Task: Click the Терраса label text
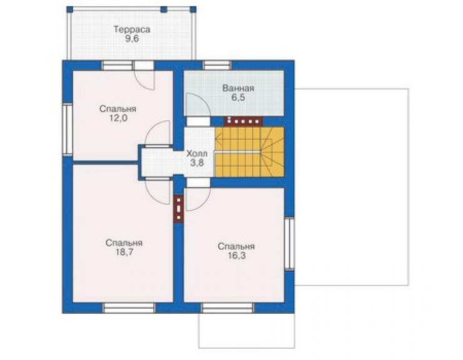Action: (x=132, y=29)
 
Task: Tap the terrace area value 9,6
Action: (x=132, y=39)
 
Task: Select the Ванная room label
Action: (x=238, y=88)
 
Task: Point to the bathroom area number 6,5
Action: (x=238, y=98)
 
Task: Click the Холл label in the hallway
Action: (x=196, y=153)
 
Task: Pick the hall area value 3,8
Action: (x=196, y=163)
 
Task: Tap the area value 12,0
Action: (x=118, y=118)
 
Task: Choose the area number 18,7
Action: (x=124, y=252)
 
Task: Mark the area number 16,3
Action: (x=237, y=255)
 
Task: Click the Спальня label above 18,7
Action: (x=124, y=243)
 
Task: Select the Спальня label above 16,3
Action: (x=237, y=247)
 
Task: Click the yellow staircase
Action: (x=249, y=152)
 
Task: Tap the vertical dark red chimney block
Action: (x=179, y=208)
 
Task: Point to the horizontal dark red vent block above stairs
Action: (x=244, y=121)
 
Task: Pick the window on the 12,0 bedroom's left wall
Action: (x=68, y=129)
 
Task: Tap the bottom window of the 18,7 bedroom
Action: (x=128, y=307)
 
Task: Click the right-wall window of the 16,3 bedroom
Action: (x=290, y=244)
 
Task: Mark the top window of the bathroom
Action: (x=217, y=65)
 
